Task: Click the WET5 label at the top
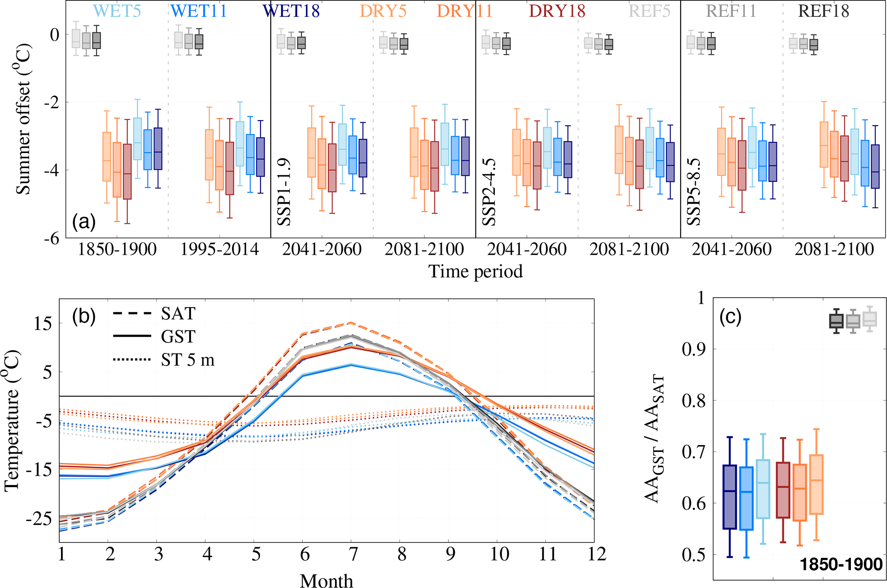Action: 117,11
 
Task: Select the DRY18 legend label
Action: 557,11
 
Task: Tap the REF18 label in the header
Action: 823,11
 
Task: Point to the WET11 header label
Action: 198,11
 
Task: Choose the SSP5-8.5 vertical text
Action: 694,192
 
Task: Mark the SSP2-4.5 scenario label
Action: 489,192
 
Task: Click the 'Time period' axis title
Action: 475,271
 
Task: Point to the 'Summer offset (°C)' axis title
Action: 23,119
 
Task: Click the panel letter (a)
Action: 84,222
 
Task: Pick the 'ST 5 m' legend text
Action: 188,360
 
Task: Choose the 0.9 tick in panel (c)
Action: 693,349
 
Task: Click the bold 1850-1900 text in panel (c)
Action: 841,564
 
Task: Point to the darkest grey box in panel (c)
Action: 836,321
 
